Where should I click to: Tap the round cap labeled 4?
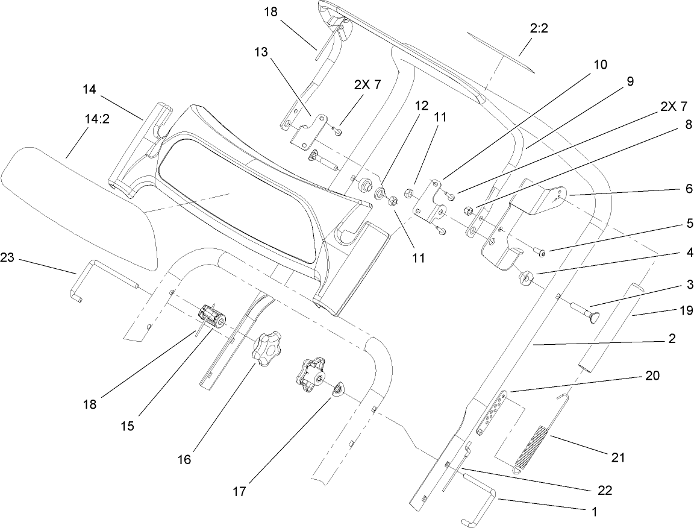[527, 278]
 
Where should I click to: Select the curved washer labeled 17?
[337, 391]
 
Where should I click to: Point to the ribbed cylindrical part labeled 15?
[212, 316]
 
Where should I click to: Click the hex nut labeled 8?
[467, 210]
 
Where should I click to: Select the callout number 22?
[605, 490]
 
